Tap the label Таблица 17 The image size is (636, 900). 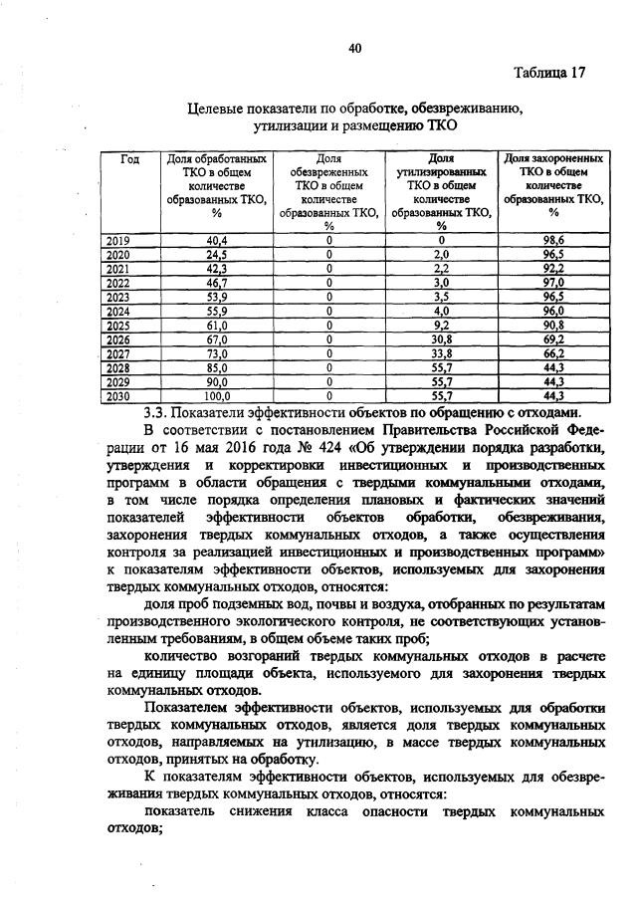pos(551,74)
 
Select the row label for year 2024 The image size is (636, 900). pos(117,311)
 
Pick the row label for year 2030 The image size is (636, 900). pos(117,395)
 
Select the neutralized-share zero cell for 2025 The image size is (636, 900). pos(328,325)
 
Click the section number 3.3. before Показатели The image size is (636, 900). pos(159,411)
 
